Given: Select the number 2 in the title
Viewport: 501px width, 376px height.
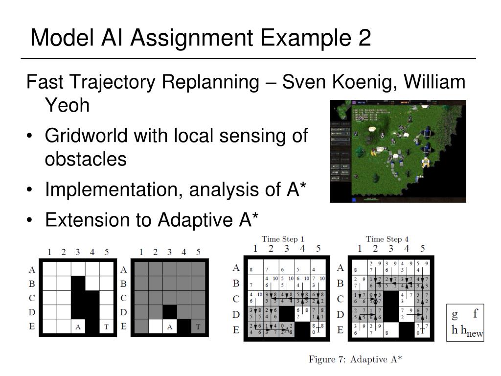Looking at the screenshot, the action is point(364,38).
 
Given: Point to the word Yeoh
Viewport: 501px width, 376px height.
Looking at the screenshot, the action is point(67,104).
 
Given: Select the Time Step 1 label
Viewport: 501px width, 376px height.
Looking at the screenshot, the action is point(283,239).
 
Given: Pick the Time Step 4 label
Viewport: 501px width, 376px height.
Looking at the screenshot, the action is point(387,239).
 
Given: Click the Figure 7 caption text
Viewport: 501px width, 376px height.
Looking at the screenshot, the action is point(355,359).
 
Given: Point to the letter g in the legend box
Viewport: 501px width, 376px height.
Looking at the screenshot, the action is point(455,314).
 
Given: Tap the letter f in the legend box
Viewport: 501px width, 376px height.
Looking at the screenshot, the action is point(475,314).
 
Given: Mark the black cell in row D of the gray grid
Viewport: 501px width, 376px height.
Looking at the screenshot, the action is point(170,312).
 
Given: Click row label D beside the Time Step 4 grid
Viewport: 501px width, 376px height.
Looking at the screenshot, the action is point(340,315).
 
